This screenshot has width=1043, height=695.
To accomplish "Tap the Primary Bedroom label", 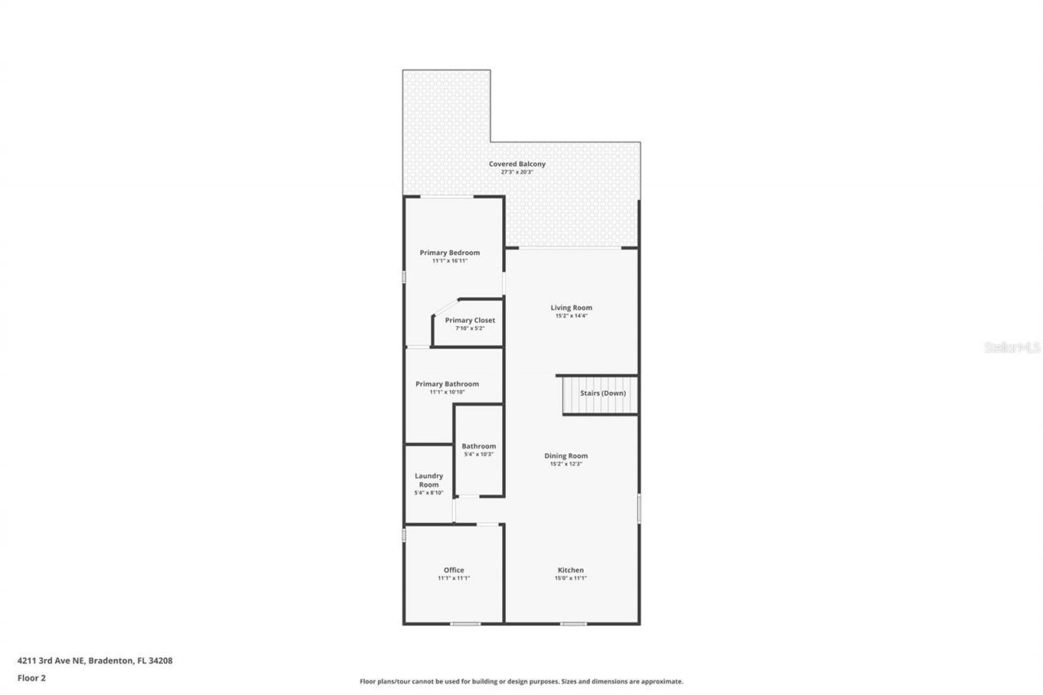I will (450, 253).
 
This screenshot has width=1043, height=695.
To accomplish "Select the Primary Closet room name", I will (470, 320).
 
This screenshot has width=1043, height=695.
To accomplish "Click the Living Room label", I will (571, 307).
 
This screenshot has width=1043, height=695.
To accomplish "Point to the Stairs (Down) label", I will (603, 393).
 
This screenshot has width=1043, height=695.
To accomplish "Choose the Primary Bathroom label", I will (447, 384).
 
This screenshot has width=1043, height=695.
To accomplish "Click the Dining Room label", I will (566, 455).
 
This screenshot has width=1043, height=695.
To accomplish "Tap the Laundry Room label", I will (429, 480).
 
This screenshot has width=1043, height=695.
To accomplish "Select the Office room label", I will (454, 570).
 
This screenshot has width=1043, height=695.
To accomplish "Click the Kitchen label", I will (570, 570).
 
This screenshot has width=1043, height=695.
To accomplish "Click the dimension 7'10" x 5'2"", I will (470, 328).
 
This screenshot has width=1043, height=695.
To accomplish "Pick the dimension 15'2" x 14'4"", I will (571, 315).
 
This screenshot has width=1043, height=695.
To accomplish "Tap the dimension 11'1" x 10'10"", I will (447, 392).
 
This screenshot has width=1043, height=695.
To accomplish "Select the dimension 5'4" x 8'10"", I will (429, 493).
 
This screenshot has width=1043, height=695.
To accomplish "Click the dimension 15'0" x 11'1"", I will (570, 578).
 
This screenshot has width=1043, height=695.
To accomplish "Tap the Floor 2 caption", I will (32, 677).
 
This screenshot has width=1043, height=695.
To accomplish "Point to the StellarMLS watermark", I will (1013, 347).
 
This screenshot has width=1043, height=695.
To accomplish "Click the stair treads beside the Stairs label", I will (570, 396).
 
